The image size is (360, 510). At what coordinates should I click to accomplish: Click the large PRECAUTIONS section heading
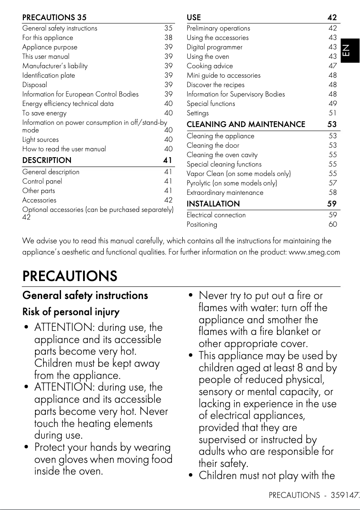tap(70, 276)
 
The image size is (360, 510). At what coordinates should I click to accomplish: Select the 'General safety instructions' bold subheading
tap(85, 295)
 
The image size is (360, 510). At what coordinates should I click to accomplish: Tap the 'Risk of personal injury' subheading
tap(71, 312)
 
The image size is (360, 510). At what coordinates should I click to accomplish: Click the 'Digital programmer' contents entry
tap(215, 47)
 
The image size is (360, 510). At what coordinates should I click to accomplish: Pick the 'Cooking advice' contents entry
tap(210, 66)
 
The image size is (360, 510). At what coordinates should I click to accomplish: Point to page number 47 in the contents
tap(332, 66)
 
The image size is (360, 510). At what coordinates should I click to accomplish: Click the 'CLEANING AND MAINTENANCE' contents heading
tap(246, 124)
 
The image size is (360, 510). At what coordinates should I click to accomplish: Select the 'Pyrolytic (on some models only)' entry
tap(232, 183)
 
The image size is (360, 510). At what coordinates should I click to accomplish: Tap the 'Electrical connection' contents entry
tap(216, 215)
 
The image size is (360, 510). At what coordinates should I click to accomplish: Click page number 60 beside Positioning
tap(332, 224)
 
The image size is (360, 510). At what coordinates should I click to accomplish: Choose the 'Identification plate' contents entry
tap(48, 75)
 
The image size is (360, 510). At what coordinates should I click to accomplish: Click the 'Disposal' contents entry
tap(35, 85)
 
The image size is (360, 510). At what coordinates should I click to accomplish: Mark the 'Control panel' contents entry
tap(42, 181)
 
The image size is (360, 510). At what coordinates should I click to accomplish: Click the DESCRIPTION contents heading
tap(47, 160)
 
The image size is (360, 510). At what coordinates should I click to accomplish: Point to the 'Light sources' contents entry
tap(40, 140)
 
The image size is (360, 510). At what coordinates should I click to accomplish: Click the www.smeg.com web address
tap(314, 252)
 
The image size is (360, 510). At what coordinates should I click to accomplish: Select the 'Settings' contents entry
tap(198, 113)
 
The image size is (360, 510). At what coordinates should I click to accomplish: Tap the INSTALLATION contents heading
tap(213, 204)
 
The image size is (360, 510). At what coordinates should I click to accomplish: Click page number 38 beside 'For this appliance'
tap(168, 38)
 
